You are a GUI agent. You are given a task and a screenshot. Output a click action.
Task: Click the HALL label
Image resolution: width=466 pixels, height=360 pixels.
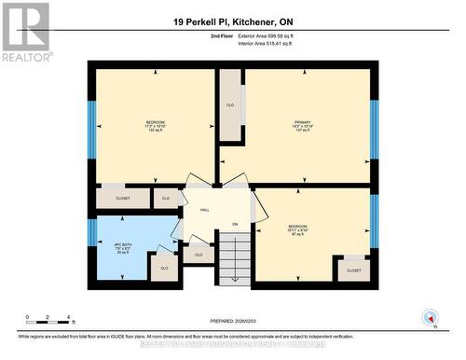[204, 210]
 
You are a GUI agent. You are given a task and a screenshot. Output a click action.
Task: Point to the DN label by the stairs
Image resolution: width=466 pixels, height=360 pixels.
[235, 224]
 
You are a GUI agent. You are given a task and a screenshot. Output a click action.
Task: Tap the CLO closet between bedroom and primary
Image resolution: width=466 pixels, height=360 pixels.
[230, 105]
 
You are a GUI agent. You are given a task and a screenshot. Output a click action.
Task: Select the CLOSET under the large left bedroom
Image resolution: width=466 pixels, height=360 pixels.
[123, 198]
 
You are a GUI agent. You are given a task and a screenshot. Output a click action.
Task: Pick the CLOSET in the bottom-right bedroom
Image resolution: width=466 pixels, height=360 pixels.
[353, 270]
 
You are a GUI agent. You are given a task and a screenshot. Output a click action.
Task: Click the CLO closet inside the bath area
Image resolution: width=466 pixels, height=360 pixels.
[162, 268]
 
